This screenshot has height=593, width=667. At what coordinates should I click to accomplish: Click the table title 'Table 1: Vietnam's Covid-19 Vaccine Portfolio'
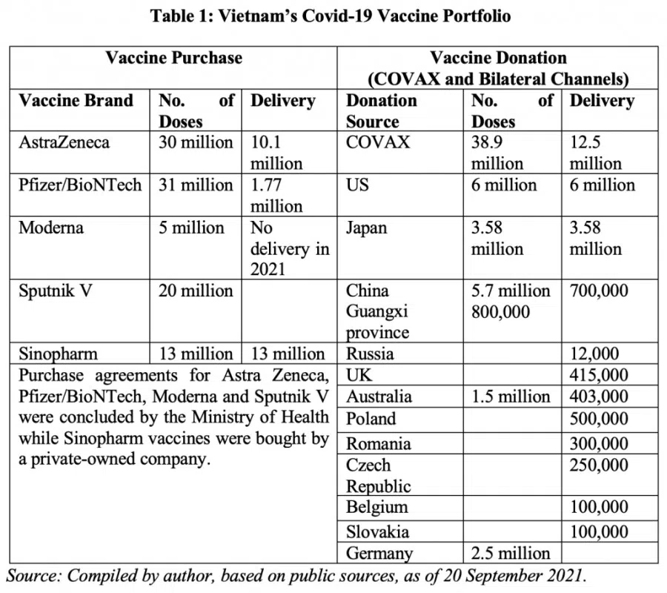coord(331,16)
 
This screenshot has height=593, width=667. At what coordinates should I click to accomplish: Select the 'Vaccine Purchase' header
coord(173,58)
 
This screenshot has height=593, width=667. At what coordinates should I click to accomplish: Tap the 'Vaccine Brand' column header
coord(76,101)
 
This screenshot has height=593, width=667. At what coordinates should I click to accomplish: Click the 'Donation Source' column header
coord(382,110)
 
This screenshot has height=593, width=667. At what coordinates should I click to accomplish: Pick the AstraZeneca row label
coord(64,142)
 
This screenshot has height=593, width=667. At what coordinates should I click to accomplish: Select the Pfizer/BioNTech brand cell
coord(80,185)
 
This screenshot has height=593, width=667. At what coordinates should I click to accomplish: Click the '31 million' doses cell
coord(195,185)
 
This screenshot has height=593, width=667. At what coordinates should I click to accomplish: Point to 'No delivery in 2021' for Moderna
coord(289,248)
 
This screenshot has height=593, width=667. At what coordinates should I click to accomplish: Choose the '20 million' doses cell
coord(195,291)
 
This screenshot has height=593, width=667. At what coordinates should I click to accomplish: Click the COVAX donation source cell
coord(377,142)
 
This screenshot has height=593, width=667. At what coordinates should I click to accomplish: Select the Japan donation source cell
coord(367,228)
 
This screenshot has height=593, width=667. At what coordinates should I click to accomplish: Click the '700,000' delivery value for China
coord(598,291)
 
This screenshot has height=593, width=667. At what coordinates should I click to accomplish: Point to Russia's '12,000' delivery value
coord(600,354)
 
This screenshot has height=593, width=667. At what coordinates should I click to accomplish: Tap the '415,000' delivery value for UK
coord(599,376)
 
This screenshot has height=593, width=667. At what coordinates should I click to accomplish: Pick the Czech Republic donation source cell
coord(379,476)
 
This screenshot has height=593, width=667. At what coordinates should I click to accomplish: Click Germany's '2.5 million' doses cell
coord(511,553)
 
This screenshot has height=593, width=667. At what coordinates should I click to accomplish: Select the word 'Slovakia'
coord(377,531)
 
